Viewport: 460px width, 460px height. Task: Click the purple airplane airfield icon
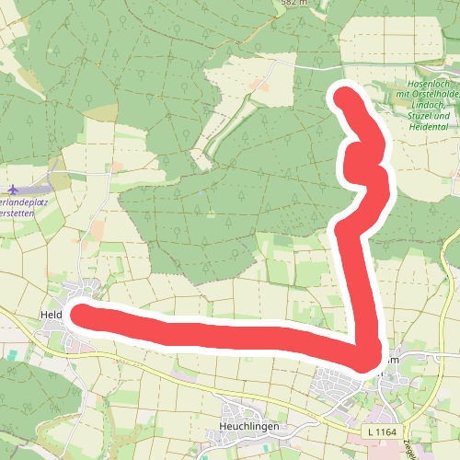click(17, 184)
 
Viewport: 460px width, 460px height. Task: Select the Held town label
click(51, 315)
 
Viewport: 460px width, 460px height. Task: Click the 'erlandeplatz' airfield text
click(22, 198)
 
